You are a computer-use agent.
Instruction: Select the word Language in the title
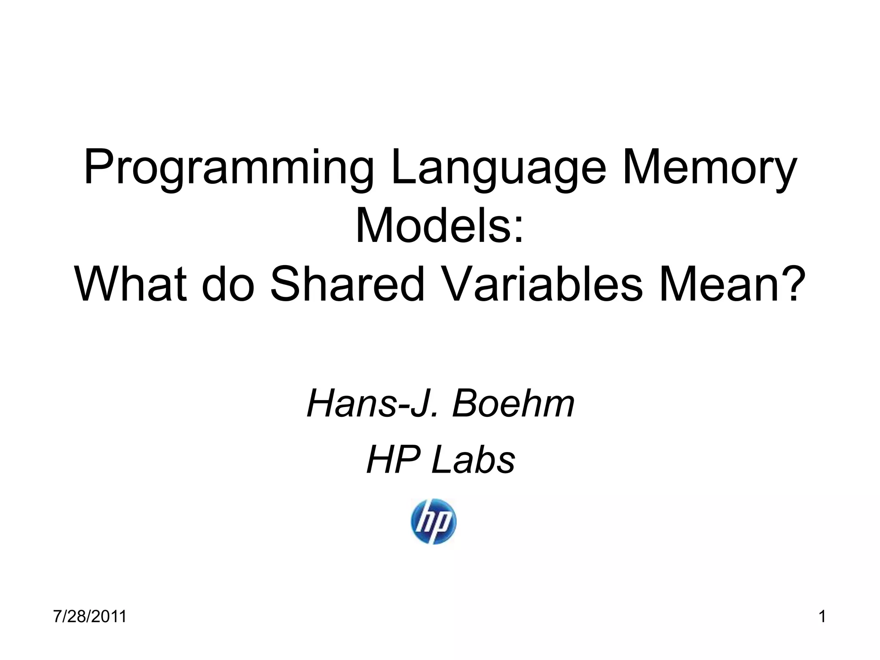(499, 168)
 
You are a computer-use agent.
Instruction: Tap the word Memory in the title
(709, 168)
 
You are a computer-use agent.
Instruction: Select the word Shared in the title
(347, 284)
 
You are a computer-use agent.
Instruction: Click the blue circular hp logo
(433, 521)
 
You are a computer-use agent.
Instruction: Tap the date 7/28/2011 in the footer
(90, 616)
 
